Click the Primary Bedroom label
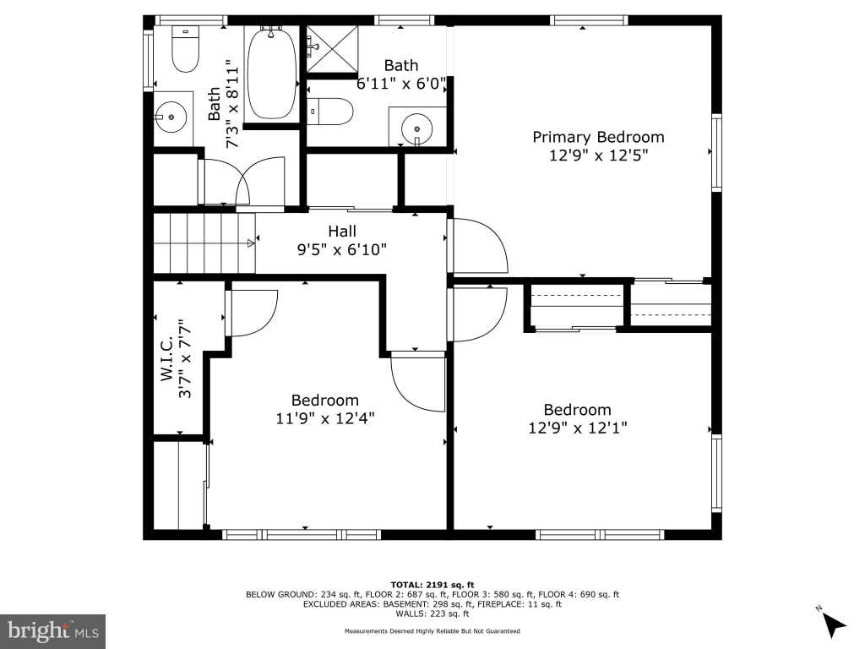click(x=598, y=138)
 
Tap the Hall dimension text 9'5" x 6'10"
click(x=342, y=250)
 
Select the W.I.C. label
click(x=167, y=358)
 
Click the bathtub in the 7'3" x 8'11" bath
click(x=271, y=73)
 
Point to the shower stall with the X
click(x=332, y=48)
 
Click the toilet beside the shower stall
click(x=329, y=112)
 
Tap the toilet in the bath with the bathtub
click(x=185, y=48)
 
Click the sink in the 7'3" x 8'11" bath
click(x=171, y=117)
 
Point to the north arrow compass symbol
click(x=832, y=624)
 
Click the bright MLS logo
click(x=53, y=631)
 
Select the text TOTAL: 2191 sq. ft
click(x=432, y=585)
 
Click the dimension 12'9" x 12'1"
click(x=578, y=428)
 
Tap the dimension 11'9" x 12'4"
click(x=325, y=419)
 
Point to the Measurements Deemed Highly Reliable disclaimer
click(x=432, y=630)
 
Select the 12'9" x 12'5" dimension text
click(x=598, y=155)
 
